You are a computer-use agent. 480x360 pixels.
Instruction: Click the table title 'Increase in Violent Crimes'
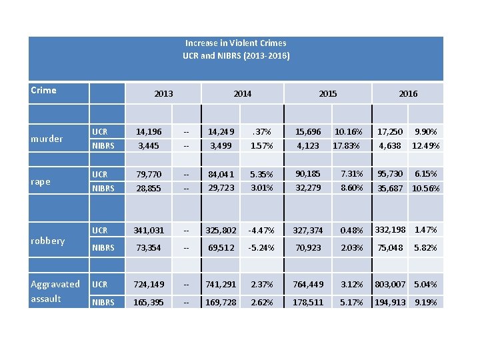(x=236, y=43)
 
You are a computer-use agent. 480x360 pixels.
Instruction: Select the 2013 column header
(x=163, y=94)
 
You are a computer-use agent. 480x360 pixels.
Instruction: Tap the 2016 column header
(x=408, y=94)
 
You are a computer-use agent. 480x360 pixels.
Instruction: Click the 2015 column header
(x=327, y=94)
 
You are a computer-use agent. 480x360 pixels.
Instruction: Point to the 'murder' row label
(x=47, y=139)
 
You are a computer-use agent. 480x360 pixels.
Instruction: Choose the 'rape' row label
(x=41, y=181)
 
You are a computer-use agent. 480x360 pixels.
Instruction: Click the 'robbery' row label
(x=48, y=241)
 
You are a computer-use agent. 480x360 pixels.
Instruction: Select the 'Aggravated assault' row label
(x=55, y=291)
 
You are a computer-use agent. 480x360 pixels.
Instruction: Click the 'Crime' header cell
(x=44, y=90)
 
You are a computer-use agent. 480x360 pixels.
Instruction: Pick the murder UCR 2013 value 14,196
(x=148, y=132)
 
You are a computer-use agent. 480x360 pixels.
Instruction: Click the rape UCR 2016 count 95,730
(x=391, y=174)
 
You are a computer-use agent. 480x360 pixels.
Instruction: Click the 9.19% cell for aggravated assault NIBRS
(x=425, y=302)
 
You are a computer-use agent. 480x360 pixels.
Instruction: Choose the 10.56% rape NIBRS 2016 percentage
(x=425, y=189)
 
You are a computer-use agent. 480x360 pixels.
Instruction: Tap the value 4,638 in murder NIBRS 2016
(x=391, y=145)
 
